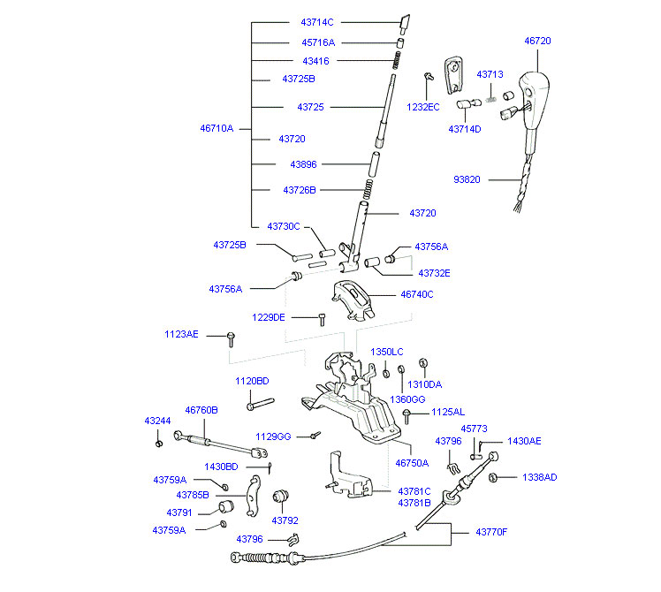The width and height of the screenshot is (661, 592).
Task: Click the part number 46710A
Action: pos(217,128)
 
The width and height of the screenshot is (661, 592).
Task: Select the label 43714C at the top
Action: pos(317,22)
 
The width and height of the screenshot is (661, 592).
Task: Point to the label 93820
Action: pos(467,179)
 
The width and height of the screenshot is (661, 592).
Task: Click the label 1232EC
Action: pos(422,107)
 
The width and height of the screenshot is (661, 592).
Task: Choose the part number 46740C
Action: pos(417,294)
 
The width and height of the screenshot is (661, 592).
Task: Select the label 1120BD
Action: pos(251,381)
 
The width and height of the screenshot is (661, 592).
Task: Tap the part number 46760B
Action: pos(201,410)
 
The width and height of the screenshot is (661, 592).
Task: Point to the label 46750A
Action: pos(412,462)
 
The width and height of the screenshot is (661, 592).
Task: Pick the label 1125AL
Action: pos(447,413)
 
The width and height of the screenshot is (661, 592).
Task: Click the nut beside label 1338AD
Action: pos(494,477)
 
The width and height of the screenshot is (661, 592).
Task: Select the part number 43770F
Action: pos(491,532)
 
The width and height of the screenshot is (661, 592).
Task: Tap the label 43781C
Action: pos(414,490)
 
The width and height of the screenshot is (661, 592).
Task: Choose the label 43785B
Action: pos(193,495)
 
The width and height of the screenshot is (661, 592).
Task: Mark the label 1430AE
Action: pos(524,441)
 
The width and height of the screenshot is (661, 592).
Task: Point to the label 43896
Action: pos(303,164)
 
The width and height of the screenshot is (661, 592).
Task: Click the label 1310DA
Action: pos(424,384)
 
